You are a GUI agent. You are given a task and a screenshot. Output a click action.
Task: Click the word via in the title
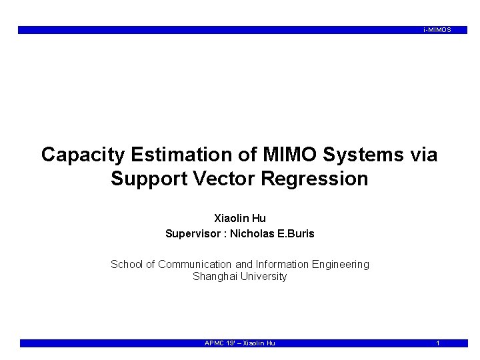[x=421, y=155]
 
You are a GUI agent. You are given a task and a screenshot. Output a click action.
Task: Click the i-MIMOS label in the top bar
[x=437, y=30]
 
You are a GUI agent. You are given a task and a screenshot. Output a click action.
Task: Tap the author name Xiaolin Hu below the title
[x=239, y=218]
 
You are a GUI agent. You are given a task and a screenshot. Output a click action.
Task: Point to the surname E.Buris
[x=297, y=234]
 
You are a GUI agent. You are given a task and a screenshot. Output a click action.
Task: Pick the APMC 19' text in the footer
[x=220, y=343]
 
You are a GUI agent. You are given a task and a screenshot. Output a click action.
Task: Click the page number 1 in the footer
[x=437, y=343]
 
